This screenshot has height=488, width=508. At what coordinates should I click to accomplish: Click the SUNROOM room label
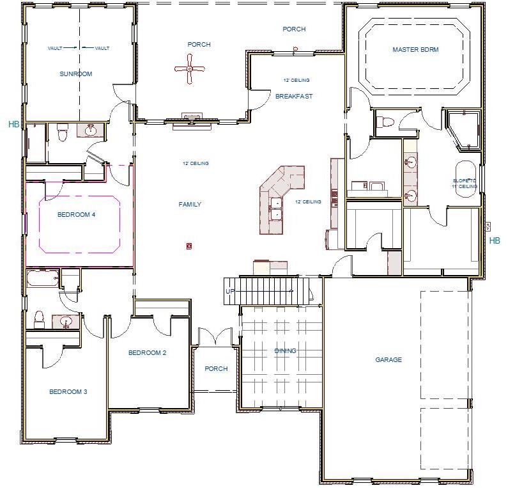[76, 74]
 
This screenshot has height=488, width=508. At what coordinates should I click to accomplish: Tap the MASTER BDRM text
[415, 49]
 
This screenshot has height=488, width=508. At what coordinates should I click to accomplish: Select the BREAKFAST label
[294, 97]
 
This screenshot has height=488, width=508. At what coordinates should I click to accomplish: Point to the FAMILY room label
[190, 205]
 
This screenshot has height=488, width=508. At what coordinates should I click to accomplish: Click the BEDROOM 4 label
[76, 215]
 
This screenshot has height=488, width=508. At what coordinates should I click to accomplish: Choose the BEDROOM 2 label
[147, 353]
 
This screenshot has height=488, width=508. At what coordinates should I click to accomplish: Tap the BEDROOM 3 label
[68, 392]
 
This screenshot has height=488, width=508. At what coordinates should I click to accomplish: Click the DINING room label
[285, 351]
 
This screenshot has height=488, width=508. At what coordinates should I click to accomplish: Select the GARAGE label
[389, 360]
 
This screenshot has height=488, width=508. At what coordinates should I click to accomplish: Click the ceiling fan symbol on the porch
[189, 69]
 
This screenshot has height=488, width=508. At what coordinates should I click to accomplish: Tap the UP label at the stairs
[230, 292]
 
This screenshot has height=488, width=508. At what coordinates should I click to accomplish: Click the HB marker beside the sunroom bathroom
[13, 124]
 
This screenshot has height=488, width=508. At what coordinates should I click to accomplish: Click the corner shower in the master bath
[463, 131]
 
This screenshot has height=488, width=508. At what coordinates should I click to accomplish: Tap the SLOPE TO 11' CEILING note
[465, 184]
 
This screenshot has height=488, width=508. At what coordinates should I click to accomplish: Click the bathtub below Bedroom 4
[43, 279]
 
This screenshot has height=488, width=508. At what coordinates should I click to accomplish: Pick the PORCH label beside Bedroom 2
[216, 369]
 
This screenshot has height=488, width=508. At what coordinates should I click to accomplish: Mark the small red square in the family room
[189, 246]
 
